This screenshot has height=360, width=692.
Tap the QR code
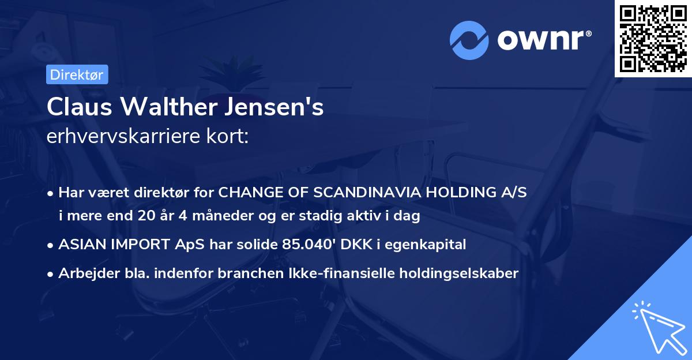[653, 39]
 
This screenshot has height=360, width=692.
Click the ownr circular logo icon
[468, 40]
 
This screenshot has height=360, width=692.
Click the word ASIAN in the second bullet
[80, 245]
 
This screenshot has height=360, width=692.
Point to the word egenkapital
[427, 245]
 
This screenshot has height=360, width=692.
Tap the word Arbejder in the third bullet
[84, 273]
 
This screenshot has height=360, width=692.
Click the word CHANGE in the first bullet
[245, 192]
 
